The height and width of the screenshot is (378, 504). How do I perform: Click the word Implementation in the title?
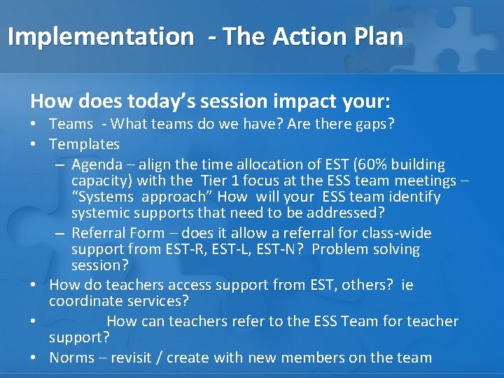(100, 36)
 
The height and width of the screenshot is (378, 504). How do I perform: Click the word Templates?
(84, 144)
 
